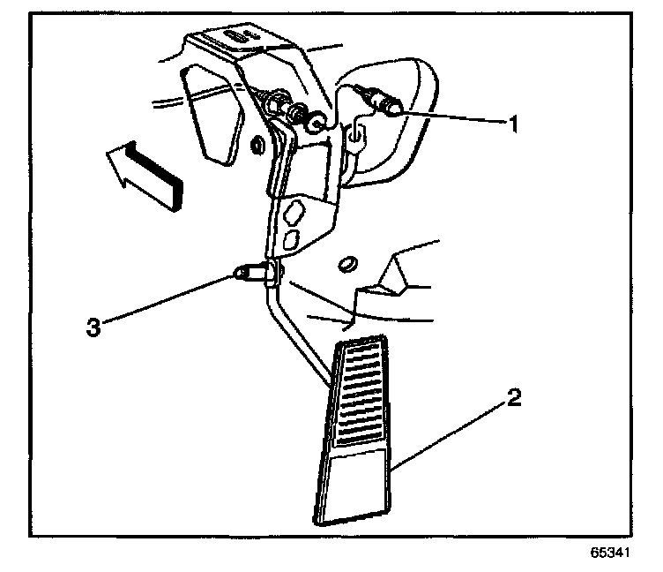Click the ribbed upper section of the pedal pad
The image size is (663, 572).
click(x=359, y=392)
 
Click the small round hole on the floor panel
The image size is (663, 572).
click(x=346, y=261)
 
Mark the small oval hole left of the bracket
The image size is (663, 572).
click(x=256, y=143)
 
